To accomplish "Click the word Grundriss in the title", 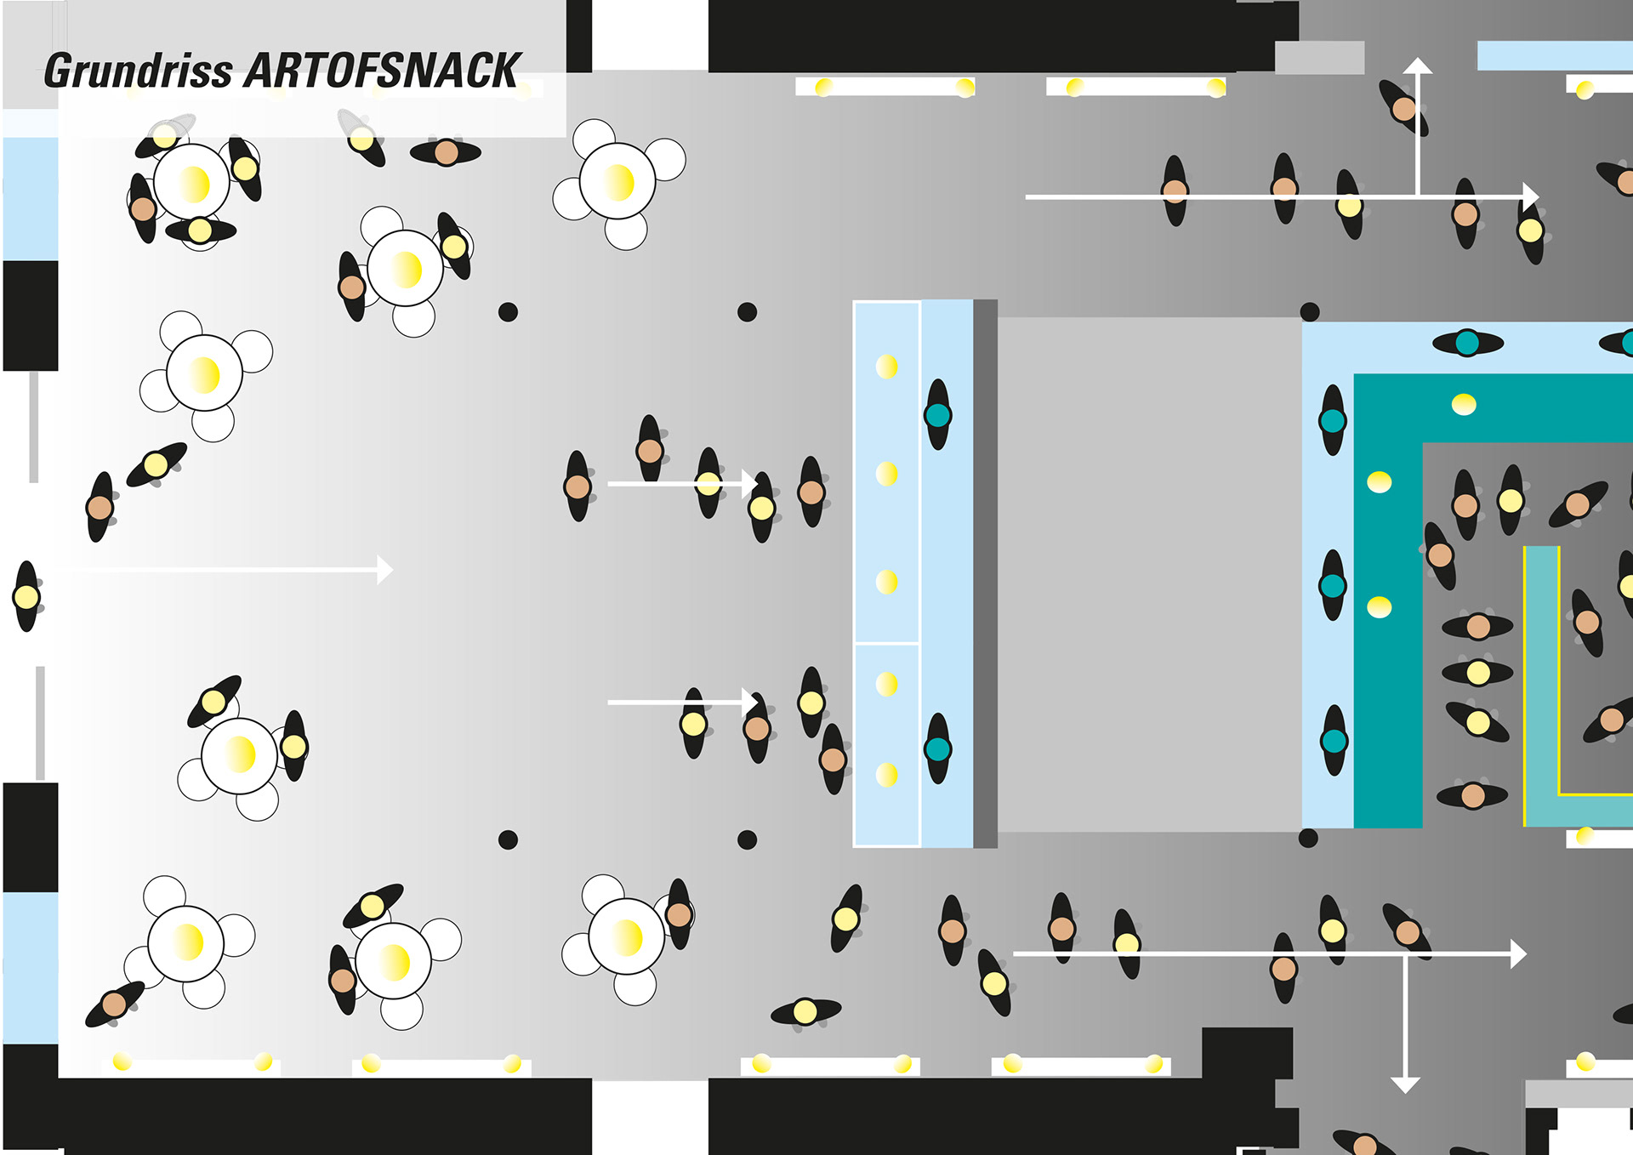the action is tap(138, 71).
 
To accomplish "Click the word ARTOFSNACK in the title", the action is tap(383, 71).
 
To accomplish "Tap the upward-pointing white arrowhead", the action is tap(1417, 65).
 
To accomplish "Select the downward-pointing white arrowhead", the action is tap(1405, 1084).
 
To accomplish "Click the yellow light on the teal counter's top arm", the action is tap(1464, 405).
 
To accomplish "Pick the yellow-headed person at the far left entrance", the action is tap(26, 597).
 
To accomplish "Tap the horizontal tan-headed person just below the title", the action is tap(446, 153).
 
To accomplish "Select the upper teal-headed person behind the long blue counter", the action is tap(938, 415).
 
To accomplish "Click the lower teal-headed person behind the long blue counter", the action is tap(938, 749).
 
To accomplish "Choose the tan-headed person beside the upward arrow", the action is tap(1403, 109).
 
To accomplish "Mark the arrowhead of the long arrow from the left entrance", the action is tap(385, 570).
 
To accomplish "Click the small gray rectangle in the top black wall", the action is tap(1319, 58).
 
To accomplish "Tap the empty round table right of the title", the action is tap(617, 181).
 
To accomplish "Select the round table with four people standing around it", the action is tap(191, 182).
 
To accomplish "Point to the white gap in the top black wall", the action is tap(650, 34).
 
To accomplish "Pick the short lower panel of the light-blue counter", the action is tap(886, 744).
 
